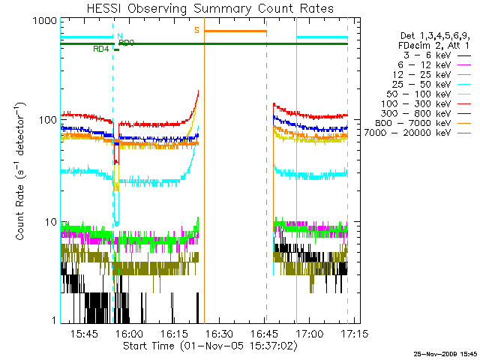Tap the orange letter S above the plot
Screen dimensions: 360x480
(x=196, y=30)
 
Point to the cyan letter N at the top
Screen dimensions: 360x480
(x=119, y=35)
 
